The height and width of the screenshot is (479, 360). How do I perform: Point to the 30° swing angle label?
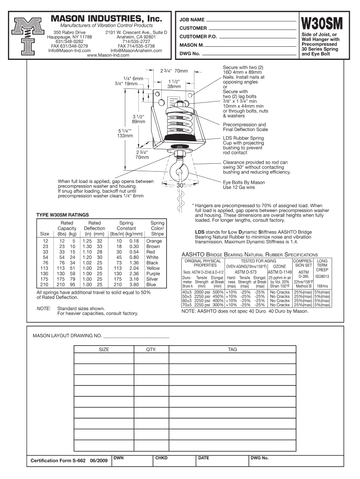tap(181, 186)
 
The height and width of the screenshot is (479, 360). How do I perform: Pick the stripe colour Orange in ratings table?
tap(153, 241)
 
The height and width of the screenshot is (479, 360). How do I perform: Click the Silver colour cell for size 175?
tap(152, 279)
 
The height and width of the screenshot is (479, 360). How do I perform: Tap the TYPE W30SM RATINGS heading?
tap(63, 216)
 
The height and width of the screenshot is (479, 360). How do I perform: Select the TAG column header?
tap(232, 349)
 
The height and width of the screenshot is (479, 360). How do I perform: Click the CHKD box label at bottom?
tap(161, 458)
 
